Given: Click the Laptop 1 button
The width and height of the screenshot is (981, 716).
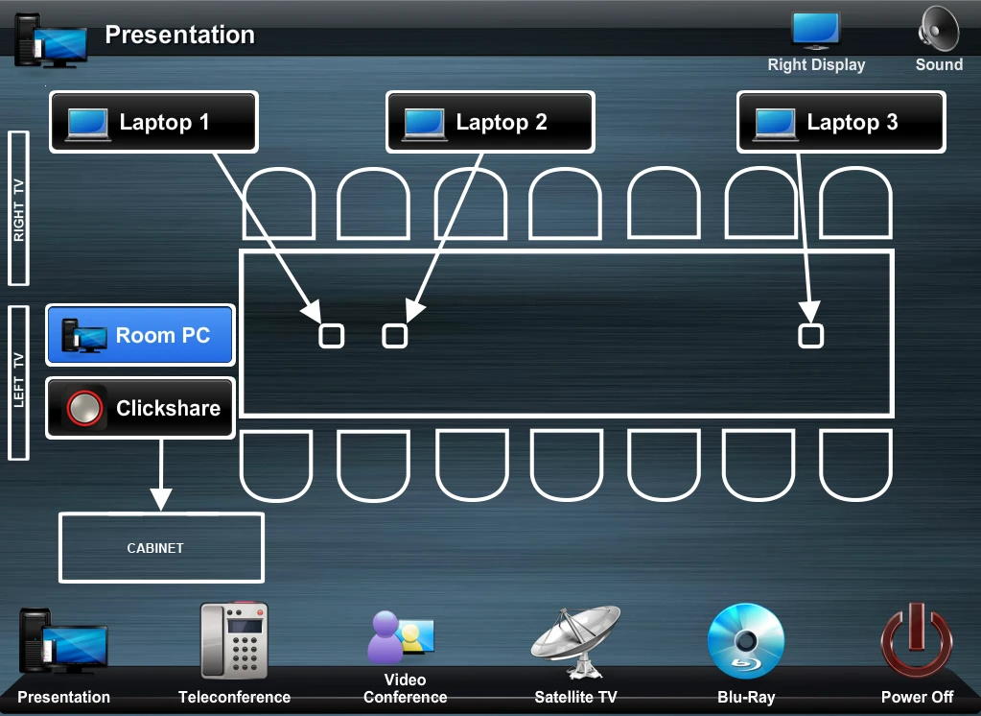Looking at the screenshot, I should point(153,122).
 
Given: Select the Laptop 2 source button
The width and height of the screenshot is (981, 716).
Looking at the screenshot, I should point(490,122).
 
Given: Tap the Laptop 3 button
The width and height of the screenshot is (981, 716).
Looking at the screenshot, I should point(841,122).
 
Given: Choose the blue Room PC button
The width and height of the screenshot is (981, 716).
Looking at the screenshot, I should point(140,336).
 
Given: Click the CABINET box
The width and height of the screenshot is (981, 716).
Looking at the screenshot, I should point(161,548).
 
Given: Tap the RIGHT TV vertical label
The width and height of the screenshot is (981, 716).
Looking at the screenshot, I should point(18,208).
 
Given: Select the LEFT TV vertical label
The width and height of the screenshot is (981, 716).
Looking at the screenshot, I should point(18,383).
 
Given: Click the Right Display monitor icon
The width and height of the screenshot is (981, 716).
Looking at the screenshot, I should point(816,31).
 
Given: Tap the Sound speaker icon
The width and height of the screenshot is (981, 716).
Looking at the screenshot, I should point(938,30).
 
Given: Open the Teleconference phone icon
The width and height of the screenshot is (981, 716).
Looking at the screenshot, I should point(234,641).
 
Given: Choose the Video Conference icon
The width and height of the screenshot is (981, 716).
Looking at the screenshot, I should point(401,635).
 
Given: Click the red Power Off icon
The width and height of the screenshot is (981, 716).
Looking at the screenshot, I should point(917,641).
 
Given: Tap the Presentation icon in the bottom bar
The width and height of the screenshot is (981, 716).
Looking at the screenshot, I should point(63,641).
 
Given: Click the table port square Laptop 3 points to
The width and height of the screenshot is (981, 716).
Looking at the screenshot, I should point(811,335).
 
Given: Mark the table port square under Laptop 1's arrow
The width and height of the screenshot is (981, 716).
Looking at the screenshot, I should point(331,335).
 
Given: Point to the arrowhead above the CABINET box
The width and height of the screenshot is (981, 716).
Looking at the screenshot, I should point(161,499).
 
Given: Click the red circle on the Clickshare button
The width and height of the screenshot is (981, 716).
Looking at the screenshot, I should point(84,409).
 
